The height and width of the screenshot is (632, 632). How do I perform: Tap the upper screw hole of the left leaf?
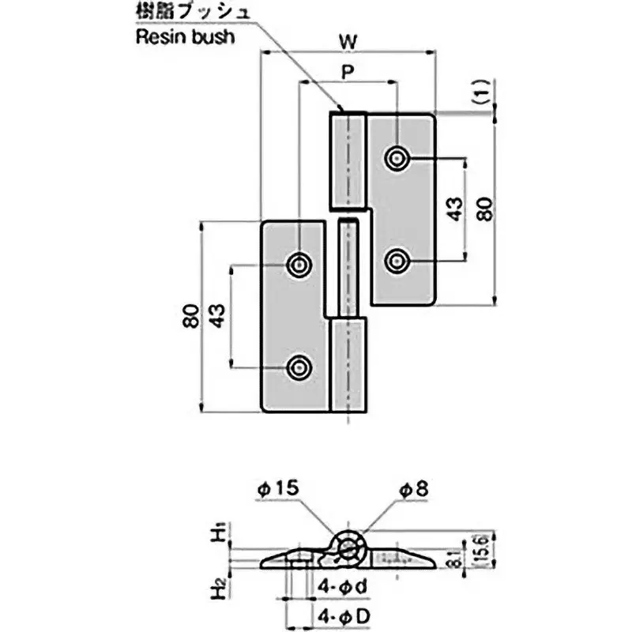tap(299, 265)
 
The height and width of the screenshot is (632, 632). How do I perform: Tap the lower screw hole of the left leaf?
tap(299, 367)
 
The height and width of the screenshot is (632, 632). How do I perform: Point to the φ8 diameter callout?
tap(411, 490)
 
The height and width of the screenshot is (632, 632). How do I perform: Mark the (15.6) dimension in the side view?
tap(480, 548)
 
